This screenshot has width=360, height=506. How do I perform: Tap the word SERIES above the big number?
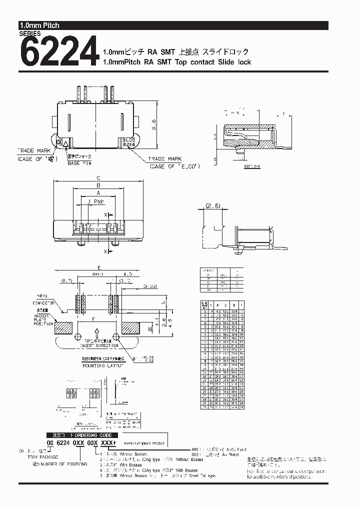click(30, 34)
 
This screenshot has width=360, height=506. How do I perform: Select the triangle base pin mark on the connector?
click(65, 143)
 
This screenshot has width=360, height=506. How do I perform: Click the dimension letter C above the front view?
click(98, 177)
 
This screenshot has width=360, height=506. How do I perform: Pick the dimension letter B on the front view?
click(98, 185)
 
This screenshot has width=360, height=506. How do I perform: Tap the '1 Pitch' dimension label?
click(96, 201)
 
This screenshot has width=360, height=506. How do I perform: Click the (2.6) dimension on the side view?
click(213, 205)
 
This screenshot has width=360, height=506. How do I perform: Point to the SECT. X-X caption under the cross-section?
click(253, 164)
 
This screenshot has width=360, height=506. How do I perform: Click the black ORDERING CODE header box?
click(79, 435)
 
